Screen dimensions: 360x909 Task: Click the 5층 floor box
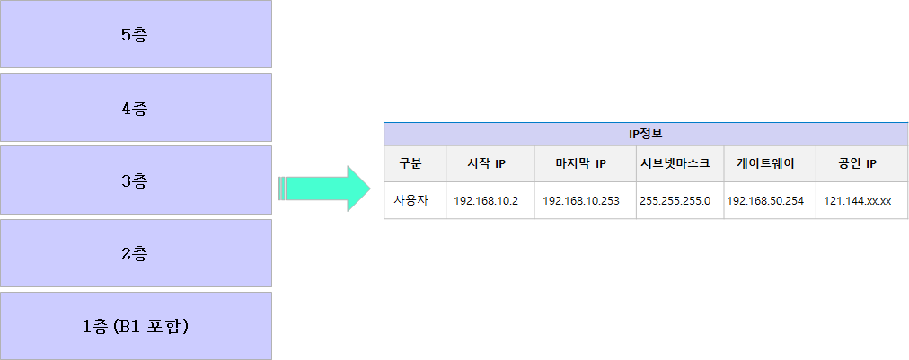click(136, 34)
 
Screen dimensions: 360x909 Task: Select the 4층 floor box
click(136, 108)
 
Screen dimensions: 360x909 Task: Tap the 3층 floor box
click(136, 180)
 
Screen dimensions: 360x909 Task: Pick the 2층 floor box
click(136, 253)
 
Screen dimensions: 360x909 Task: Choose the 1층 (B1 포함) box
click(136, 325)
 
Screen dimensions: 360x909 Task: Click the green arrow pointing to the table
click(324, 189)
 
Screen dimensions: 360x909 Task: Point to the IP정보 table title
click(645, 134)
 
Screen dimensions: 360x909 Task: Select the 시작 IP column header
click(486, 163)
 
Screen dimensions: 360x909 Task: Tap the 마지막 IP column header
click(581, 163)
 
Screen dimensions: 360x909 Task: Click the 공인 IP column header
click(857, 163)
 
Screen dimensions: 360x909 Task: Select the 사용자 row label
click(411, 200)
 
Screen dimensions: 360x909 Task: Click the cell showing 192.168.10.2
click(486, 200)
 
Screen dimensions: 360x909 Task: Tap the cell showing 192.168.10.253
click(581, 200)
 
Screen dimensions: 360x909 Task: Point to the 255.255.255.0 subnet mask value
click(675, 200)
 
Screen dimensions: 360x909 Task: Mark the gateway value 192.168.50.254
click(765, 200)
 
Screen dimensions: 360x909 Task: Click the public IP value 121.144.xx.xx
click(857, 200)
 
